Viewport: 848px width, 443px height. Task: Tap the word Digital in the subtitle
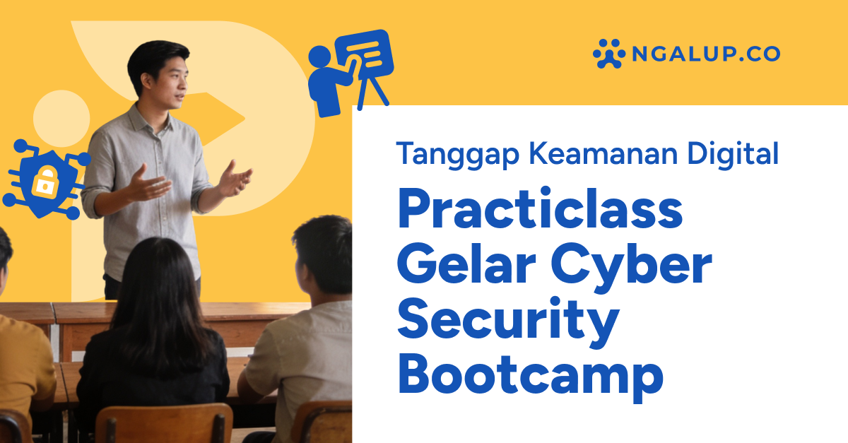pos(736,154)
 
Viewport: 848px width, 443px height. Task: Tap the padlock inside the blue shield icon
pos(45,182)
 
